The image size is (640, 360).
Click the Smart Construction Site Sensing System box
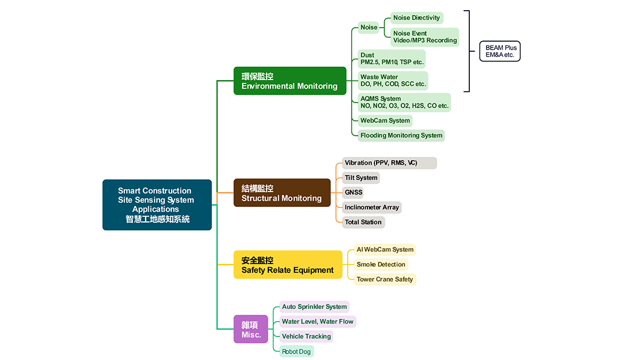point(157,205)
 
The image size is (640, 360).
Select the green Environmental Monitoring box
point(290,81)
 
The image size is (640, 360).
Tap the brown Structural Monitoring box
point(282,193)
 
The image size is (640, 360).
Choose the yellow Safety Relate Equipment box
point(287,265)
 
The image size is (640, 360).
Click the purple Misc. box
point(251,329)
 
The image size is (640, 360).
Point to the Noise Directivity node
point(417,18)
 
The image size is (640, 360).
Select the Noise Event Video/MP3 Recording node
point(425,37)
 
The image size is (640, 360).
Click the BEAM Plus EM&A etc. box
point(499,51)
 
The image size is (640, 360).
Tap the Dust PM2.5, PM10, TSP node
point(391,59)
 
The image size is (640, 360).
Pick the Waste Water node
point(393,81)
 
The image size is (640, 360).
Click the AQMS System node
point(404,102)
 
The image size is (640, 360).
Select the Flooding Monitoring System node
point(401,135)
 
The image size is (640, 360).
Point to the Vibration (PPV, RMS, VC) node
point(389,163)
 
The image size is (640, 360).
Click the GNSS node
point(353,193)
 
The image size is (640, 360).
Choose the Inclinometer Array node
point(372,207)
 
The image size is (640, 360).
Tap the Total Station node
point(363,222)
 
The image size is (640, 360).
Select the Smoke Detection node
point(381,265)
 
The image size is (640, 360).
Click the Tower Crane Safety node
point(385,279)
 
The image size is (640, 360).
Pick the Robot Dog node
point(297,351)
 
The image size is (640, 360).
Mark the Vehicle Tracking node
point(306,337)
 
